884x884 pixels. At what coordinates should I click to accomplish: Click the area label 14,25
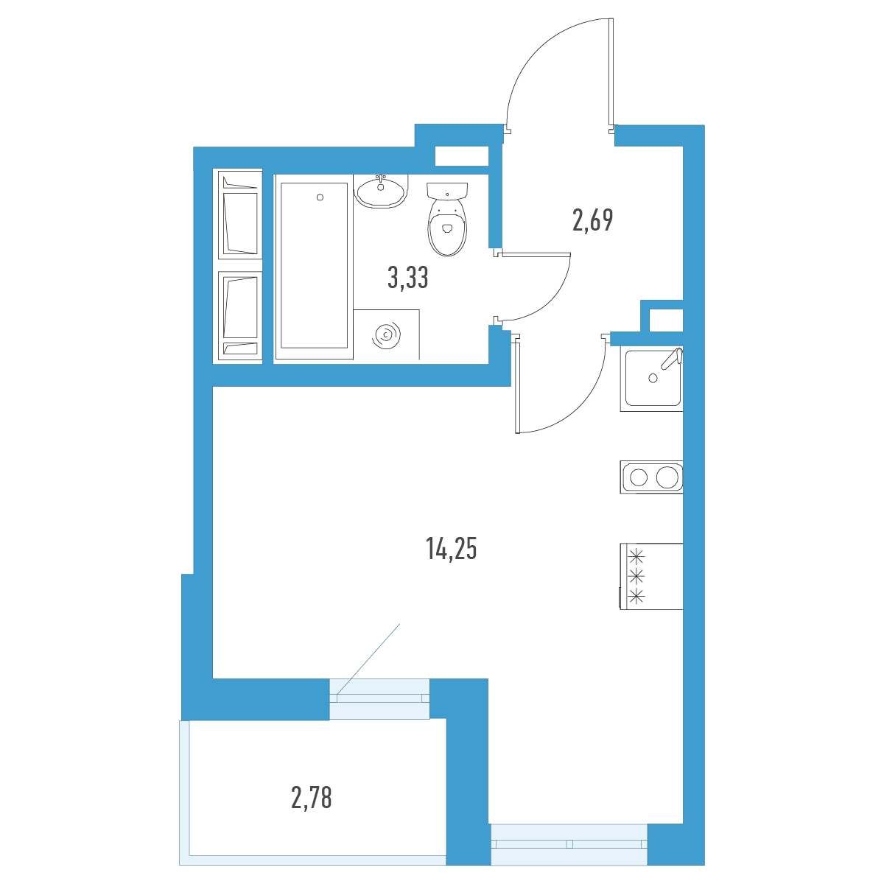(451, 549)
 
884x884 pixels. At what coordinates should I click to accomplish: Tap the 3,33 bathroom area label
(407, 278)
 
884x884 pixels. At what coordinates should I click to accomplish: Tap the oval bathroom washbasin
(381, 192)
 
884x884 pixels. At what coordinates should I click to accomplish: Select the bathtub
(314, 266)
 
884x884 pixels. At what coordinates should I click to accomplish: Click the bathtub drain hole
(320, 197)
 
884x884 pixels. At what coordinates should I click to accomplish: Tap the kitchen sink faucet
(672, 358)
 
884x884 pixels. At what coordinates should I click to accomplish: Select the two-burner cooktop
(651, 477)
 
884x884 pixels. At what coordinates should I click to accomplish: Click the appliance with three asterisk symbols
(651, 576)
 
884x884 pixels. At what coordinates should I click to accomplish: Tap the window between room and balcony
(379, 698)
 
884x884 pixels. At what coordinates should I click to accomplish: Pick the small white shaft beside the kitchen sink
(666, 320)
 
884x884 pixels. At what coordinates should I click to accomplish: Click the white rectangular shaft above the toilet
(461, 156)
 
